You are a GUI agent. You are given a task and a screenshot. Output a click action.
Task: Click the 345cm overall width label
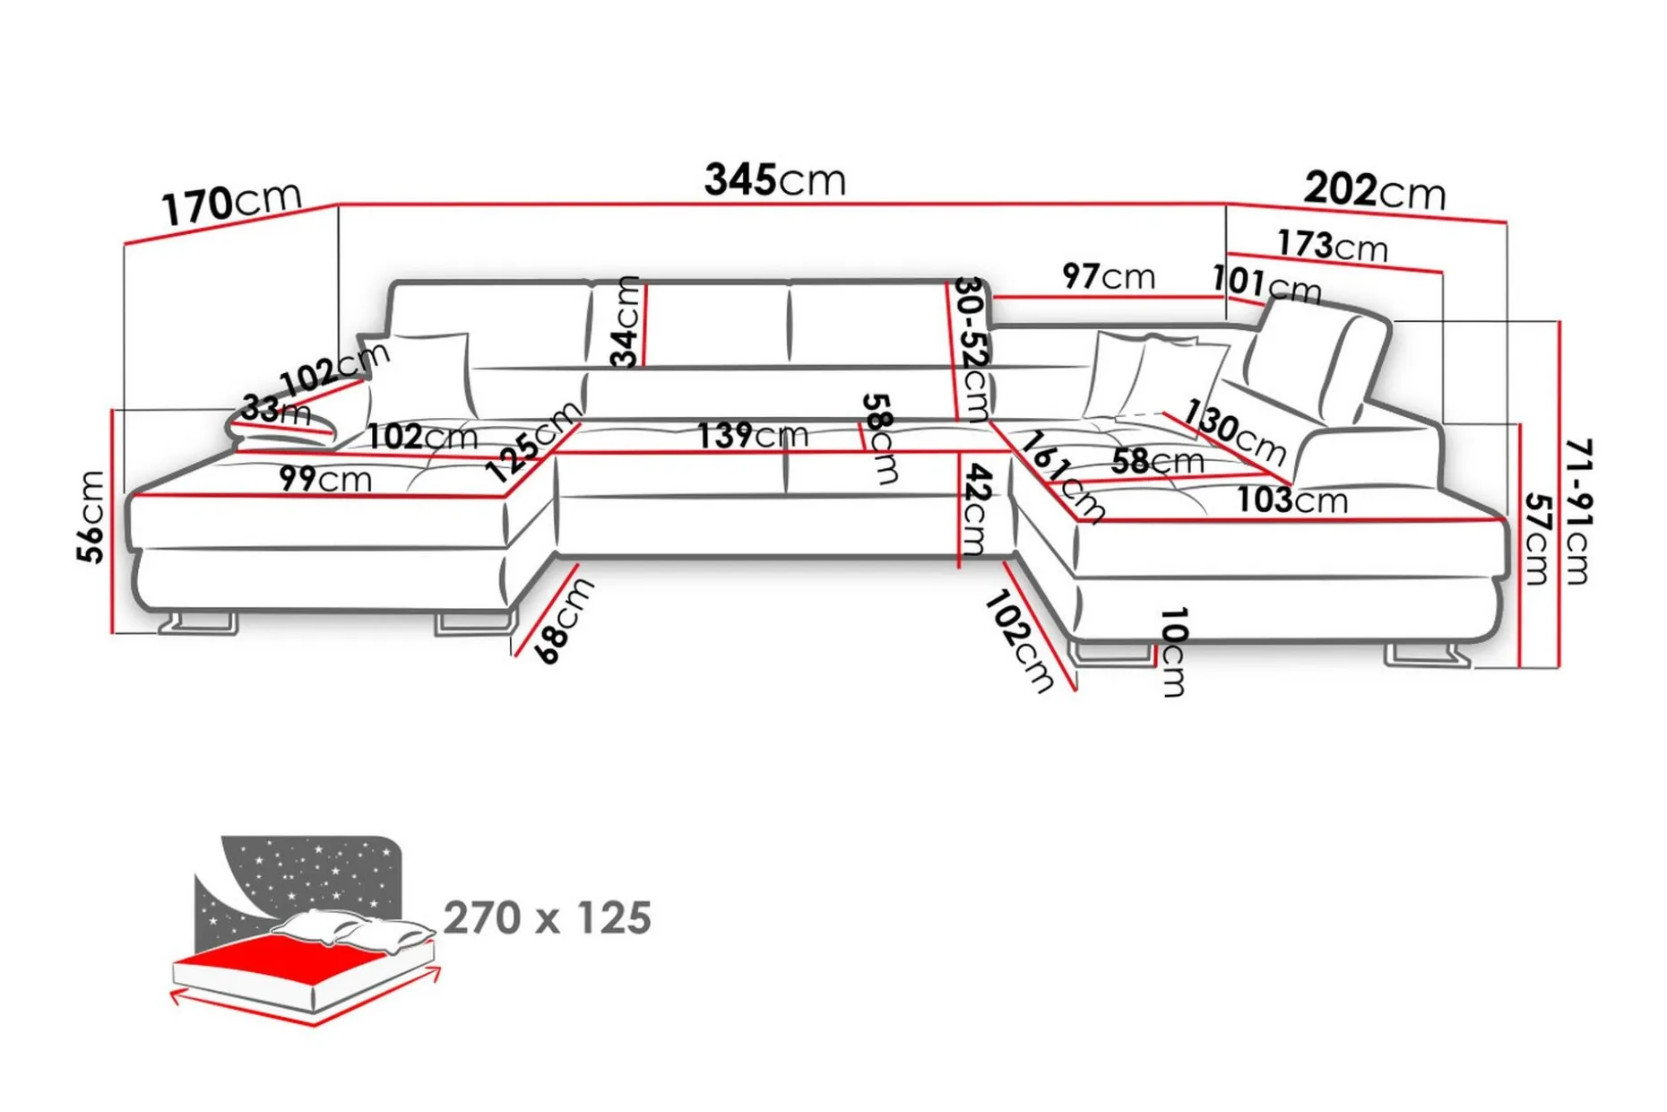click(x=774, y=179)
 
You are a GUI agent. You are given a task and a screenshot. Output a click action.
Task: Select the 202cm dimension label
click(x=1375, y=190)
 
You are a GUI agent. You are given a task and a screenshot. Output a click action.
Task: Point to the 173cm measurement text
click(x=1333, y=245)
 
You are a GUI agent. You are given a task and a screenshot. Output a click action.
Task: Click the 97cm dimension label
click(x=1109, y=276)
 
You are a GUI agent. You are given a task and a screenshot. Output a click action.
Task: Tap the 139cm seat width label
click(x=753, y=435)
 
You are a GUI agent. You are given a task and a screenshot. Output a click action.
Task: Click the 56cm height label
click(x=91, y=517)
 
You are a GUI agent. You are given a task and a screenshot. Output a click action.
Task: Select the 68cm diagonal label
click(x=565, y=621)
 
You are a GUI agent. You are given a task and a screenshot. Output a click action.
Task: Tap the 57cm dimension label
click(x=1538, y=538)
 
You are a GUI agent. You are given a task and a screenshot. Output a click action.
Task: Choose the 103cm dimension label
click(x=1292, y=500)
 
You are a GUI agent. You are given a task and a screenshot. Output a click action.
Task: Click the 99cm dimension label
click(x=325, y=479)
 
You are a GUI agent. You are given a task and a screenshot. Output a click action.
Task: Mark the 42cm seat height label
click(x=975, y=510)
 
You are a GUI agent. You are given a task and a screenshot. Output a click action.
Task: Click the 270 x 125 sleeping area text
click(x=548, y=918)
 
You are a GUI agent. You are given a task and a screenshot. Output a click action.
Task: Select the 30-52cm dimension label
click(x=972, y=349)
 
